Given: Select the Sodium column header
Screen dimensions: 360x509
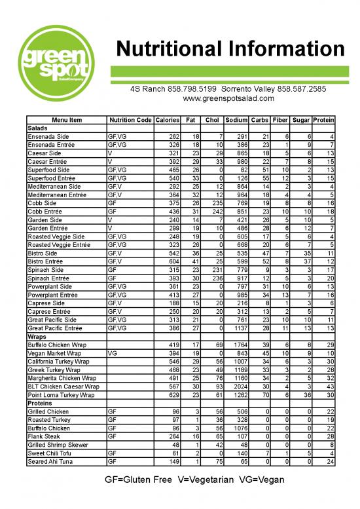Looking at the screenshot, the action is tap(236, 120).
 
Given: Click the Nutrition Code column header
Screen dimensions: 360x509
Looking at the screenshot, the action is tap(130, 120).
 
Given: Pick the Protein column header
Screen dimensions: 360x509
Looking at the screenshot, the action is tap(323, 120).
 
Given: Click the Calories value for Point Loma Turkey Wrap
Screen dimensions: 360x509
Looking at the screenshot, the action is tap(172, 395).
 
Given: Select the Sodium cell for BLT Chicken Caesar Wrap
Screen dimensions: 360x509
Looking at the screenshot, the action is tap(236, 386).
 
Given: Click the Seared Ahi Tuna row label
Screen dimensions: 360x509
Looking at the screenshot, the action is tap(50, 462).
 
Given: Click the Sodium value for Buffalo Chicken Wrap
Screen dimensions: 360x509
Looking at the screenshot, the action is tap(236, 345).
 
